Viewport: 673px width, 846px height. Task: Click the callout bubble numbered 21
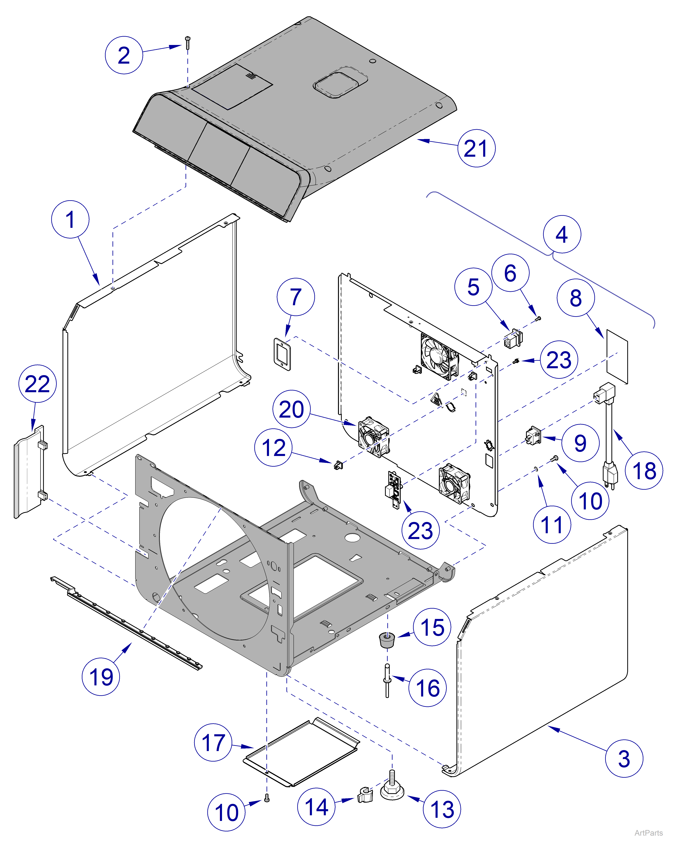point(476,148)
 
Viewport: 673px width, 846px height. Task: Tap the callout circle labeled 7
point(296,297)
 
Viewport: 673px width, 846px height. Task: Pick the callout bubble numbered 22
point(37,383)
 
